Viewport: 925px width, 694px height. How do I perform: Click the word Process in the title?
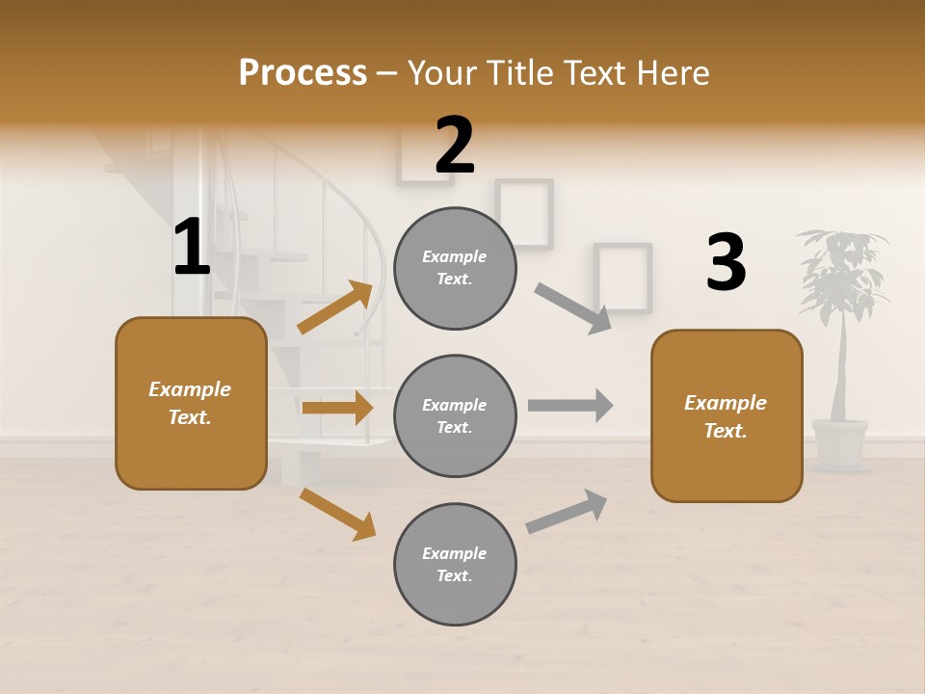coord(303,72)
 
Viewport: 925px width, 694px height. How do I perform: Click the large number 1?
coord(192,248)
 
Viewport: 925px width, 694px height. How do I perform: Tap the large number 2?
coord(455,146)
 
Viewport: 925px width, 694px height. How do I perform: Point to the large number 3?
coord(726,263)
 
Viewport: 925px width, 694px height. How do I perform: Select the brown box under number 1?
coord(191,403)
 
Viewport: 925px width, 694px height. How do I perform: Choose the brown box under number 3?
coord(727,415)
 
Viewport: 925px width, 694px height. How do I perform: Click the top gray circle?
coord(455,268)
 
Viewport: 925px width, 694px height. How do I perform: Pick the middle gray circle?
coord(455,415)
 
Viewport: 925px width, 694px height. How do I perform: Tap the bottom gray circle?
coord(455,564)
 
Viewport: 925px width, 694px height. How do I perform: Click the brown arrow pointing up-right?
coord(335,307)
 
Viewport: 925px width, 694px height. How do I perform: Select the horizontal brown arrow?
coord(337,408)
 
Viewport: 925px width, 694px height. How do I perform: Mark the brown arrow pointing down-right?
coord(337,514)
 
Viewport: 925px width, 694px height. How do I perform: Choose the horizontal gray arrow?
coord(570,405)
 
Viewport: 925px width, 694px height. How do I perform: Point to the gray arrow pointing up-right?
coord(567,512)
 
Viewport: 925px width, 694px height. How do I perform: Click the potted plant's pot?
coord(839,442)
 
